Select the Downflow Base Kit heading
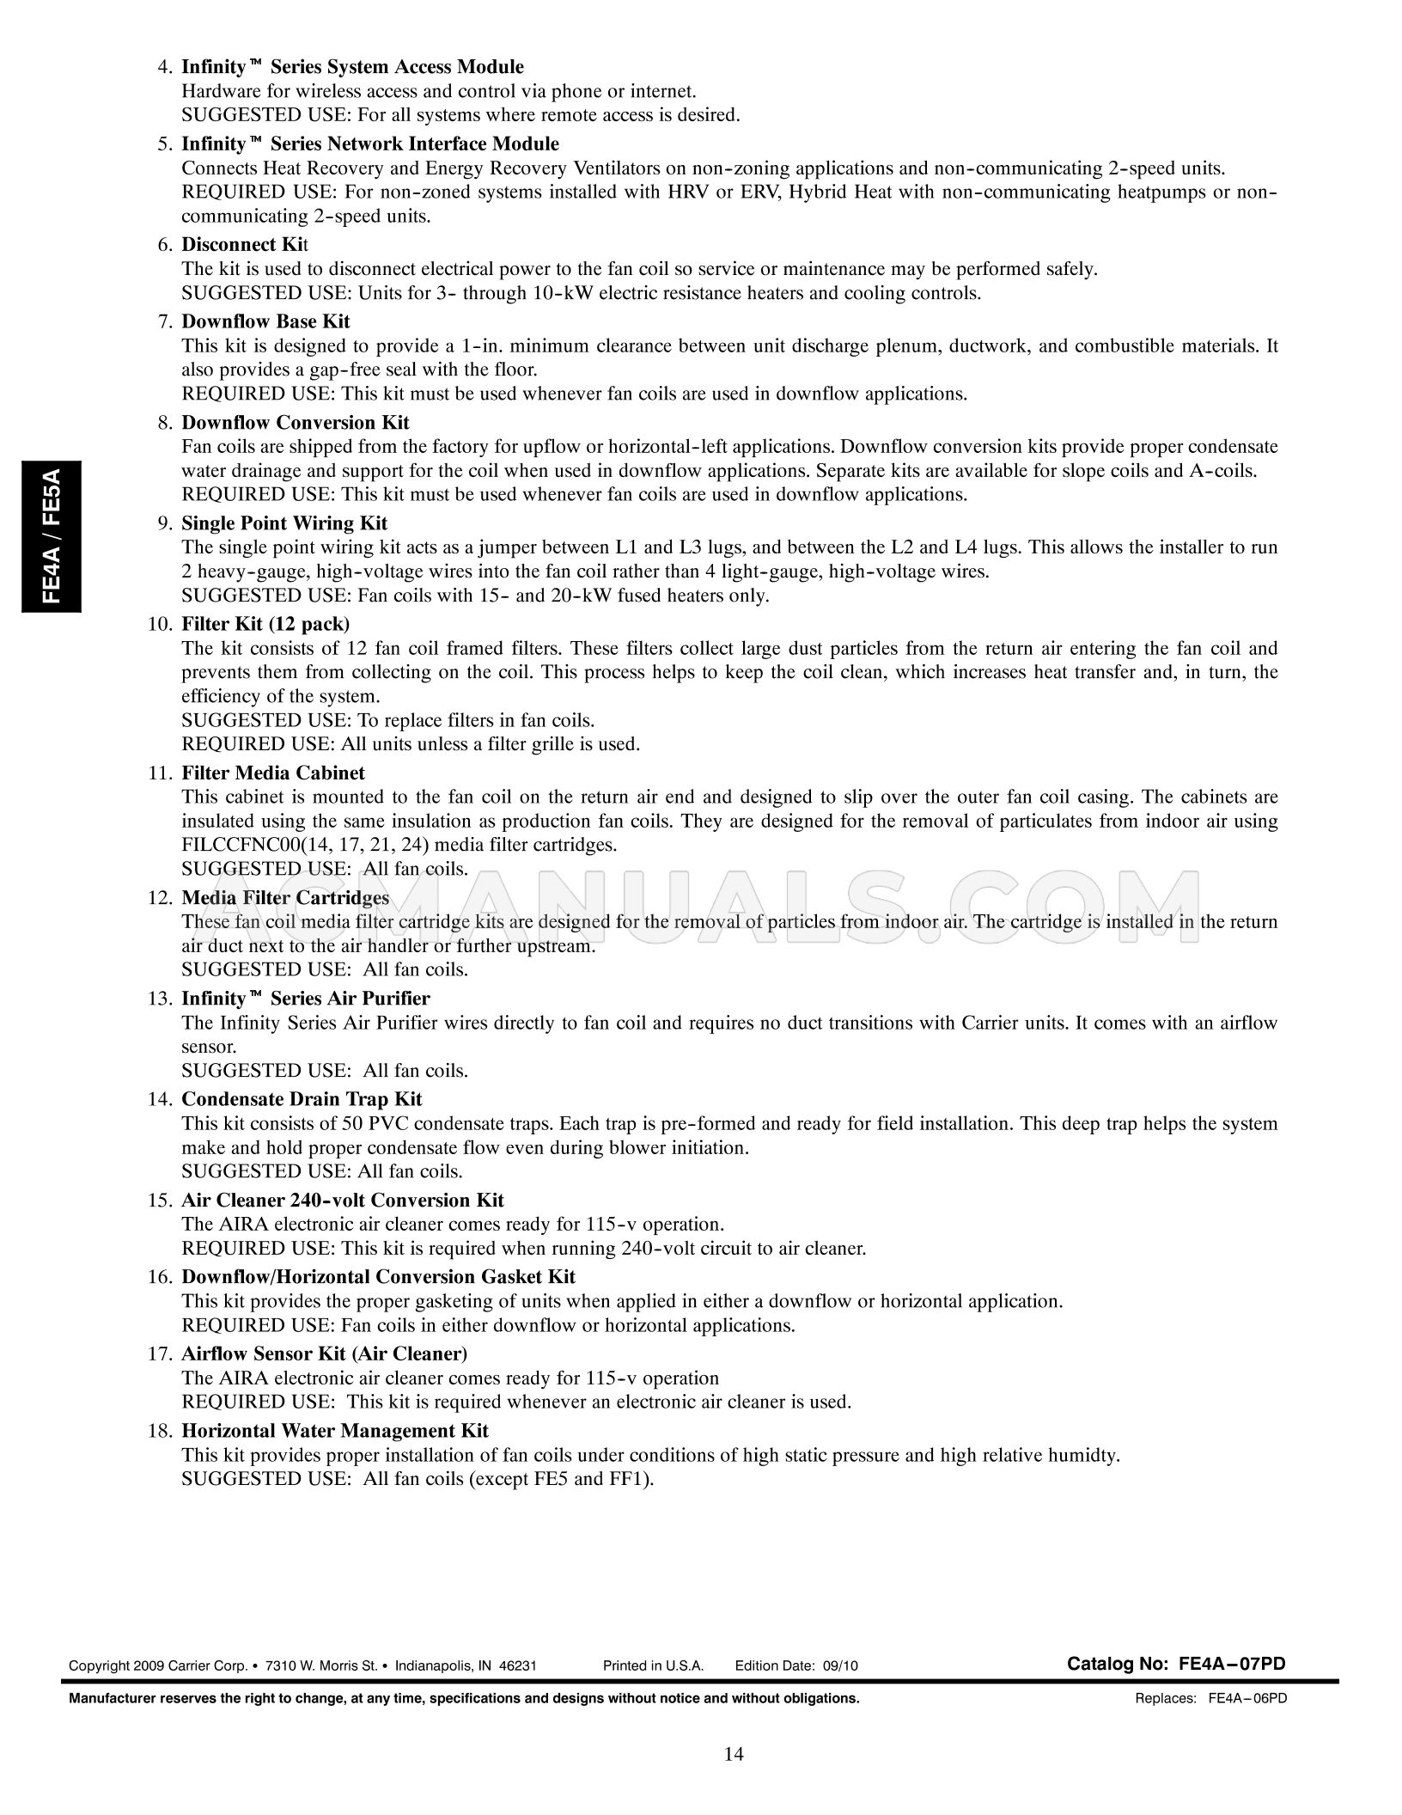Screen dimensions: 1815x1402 point(265,321)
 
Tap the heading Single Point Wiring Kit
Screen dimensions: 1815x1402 point(284,523)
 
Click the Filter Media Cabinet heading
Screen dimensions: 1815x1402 point(273,773)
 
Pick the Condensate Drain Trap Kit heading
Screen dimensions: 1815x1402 point(302,1099)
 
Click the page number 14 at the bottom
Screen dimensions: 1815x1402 point(734,1754)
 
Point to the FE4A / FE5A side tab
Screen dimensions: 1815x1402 point(52,536)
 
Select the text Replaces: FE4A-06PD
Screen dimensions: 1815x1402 point(1210,1698)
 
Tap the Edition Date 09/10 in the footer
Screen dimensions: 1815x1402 point(796,1665)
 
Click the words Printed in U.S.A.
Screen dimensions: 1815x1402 point(653,1665)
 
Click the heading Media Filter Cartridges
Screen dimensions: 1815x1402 point(285,898)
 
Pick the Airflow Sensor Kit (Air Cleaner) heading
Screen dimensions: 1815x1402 point(324,1354)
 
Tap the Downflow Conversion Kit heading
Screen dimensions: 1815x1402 point(296,423)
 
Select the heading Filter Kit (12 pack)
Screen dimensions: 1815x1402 point(265,624)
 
